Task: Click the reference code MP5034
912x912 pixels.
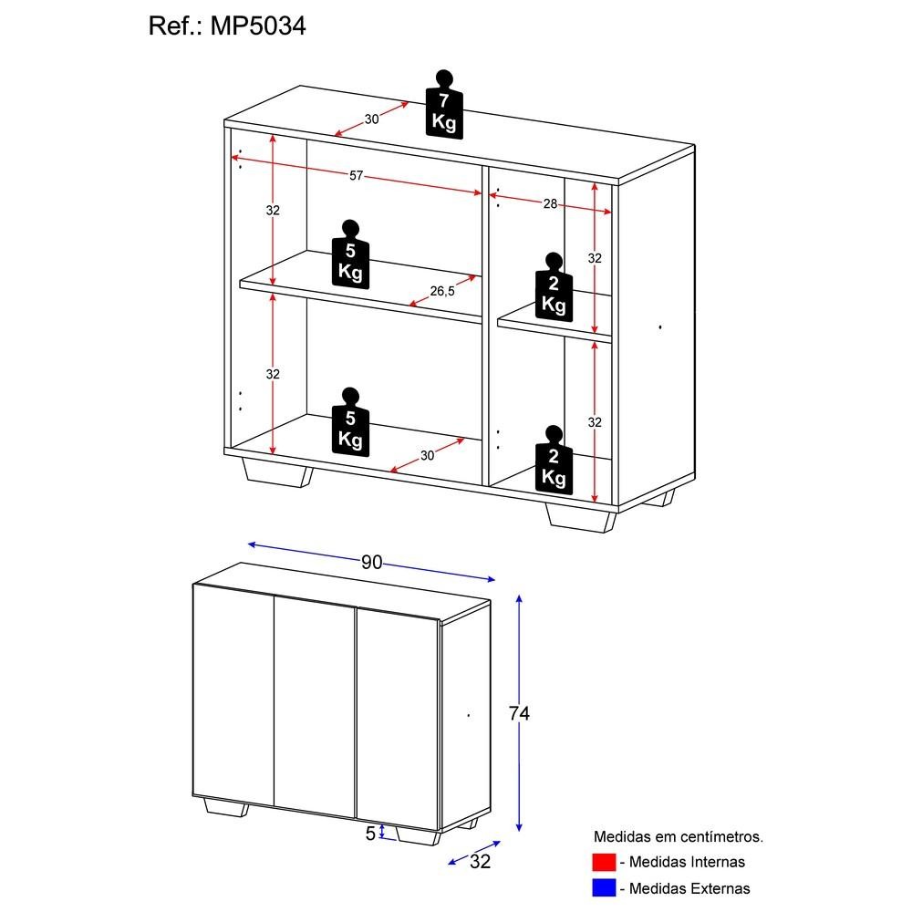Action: (x=259, y=26)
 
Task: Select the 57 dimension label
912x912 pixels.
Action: (x=357, y=175)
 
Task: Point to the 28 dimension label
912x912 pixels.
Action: (x=550, y=203)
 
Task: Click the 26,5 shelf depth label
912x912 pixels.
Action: (x=442, y=291)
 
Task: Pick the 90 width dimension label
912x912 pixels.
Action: (x=370, y=563)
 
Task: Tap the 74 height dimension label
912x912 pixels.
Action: (x=519, y=714)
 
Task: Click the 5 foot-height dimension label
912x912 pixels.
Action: (x=370, y=832)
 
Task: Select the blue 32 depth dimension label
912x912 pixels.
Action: (x=480, y=862)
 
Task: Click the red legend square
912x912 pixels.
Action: (x=604, y=862)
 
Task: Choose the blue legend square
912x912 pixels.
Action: (x=604, y=887)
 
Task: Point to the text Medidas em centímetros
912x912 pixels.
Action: (x=679, y=835)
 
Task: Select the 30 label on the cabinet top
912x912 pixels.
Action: (x=371, y=119)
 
